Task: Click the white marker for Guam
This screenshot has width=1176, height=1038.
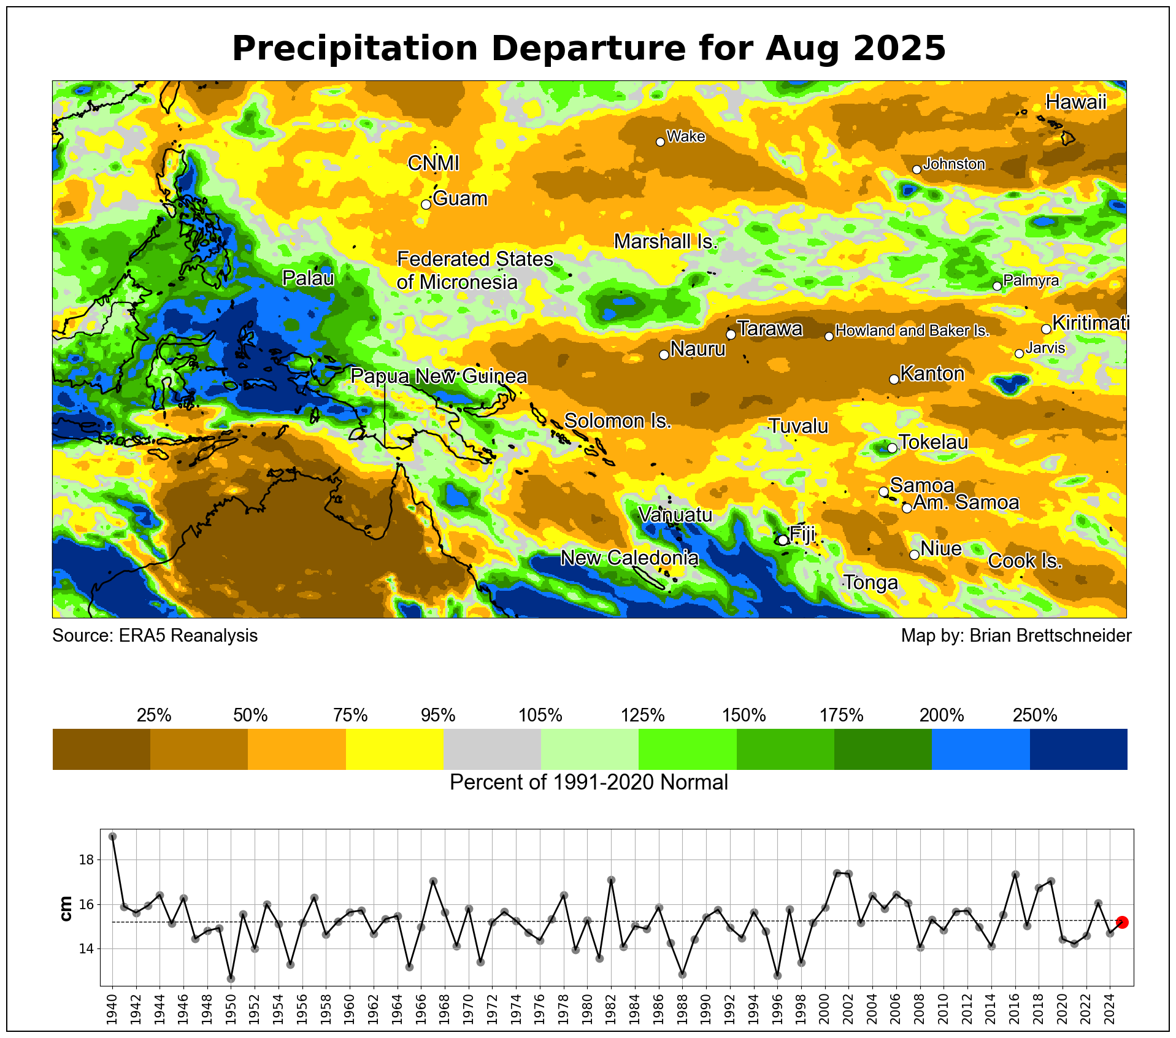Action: tap(426, 204)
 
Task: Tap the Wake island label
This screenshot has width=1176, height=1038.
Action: tap(685, 136)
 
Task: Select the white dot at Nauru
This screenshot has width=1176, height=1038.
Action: tap(664, 355)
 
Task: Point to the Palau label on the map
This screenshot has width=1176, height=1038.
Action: tap(308, 279)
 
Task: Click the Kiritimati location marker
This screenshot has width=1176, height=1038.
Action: tap(1046, 329)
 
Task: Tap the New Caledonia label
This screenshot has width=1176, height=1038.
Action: tap(629, 558)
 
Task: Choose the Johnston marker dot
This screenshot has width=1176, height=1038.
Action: tap(917, 169)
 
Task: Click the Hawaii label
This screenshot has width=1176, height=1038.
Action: tap(1075, 102)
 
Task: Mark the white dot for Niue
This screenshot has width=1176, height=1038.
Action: tap(914, 555)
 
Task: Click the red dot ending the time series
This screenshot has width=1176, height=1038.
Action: tap(1122, 922)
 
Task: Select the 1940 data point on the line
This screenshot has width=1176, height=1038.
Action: tap(112, 836)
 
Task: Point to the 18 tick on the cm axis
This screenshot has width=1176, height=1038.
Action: tap(86, 860)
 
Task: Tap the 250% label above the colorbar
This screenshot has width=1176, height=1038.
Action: tap(1035, 715)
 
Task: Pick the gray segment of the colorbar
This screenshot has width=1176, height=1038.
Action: tap(492, 749)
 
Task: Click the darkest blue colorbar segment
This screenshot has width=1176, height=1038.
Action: tap(1078, 749)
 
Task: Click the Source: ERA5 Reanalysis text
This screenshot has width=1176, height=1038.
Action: tap(155, 636)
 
